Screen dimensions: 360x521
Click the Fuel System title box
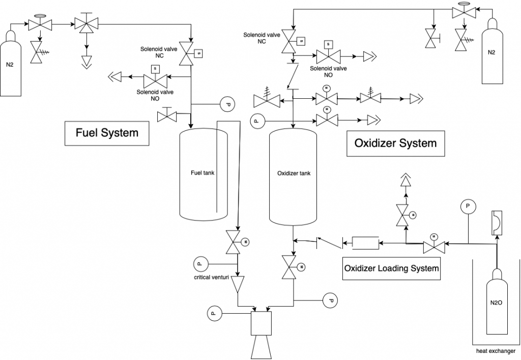point(107,133)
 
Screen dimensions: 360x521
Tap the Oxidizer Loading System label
point(391,268)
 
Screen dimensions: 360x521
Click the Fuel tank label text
point(202,173)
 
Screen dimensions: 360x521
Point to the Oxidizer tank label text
point(294,173)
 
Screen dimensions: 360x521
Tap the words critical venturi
point(211,278)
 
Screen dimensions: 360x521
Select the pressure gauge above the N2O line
point(467,206)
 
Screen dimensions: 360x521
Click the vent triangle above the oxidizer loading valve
point(406,180)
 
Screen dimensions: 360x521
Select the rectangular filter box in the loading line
point(365,243)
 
